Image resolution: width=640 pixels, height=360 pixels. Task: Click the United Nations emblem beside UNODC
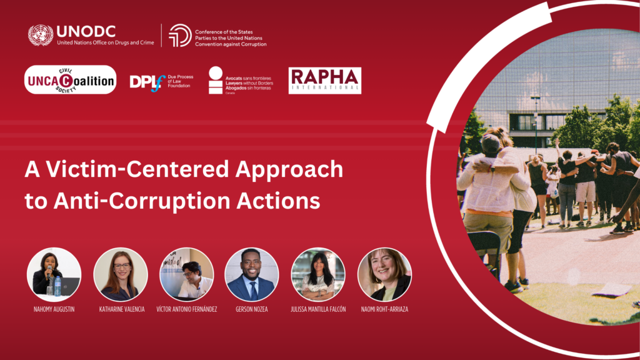click(x=41, y=35)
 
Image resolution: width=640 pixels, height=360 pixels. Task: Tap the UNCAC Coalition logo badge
click(x=70, y=79)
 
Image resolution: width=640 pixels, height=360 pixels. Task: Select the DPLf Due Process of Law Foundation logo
click(x=161, y=82)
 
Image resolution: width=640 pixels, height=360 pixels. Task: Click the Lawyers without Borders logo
click(x=240, y=81)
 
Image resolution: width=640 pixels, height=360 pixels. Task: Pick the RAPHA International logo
click(x=325, y=81)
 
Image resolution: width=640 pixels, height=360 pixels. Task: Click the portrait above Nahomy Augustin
click(x=54, y=275)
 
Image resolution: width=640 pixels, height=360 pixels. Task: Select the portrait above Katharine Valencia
click(x=121, y=275)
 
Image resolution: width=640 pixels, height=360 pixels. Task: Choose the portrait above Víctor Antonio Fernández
click(x=186, y=275)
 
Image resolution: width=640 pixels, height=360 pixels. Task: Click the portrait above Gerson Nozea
click(x=252, y=275)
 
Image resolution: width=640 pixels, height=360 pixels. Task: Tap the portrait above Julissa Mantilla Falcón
click(x=318, y=275)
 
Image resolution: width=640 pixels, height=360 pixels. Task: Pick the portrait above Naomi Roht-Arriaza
click(x=384, y=275)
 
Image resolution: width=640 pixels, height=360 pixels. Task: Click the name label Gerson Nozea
click(x=252, y=309)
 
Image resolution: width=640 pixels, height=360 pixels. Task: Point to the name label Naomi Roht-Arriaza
click(x=384, y=309)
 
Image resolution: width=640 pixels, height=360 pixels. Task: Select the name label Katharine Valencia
click(x=122, y=309)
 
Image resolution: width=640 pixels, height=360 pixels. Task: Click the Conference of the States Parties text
click(x=231, y=38)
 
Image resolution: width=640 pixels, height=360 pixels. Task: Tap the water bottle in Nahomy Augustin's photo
click(x=57, y=286)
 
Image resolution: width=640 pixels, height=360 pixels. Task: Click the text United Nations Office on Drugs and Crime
click(x=105, y=42)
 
